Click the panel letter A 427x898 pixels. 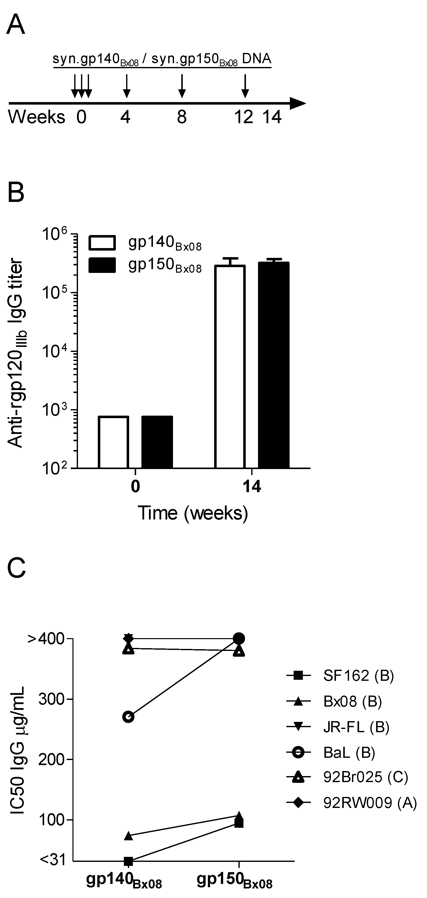click(16, 25)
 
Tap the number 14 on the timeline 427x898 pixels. click(272, 117)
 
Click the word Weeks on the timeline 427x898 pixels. click(37, 117)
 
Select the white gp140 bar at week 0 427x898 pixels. click(114, 442)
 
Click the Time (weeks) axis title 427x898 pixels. click(193, 513)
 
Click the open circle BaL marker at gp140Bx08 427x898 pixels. click(129, 717)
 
